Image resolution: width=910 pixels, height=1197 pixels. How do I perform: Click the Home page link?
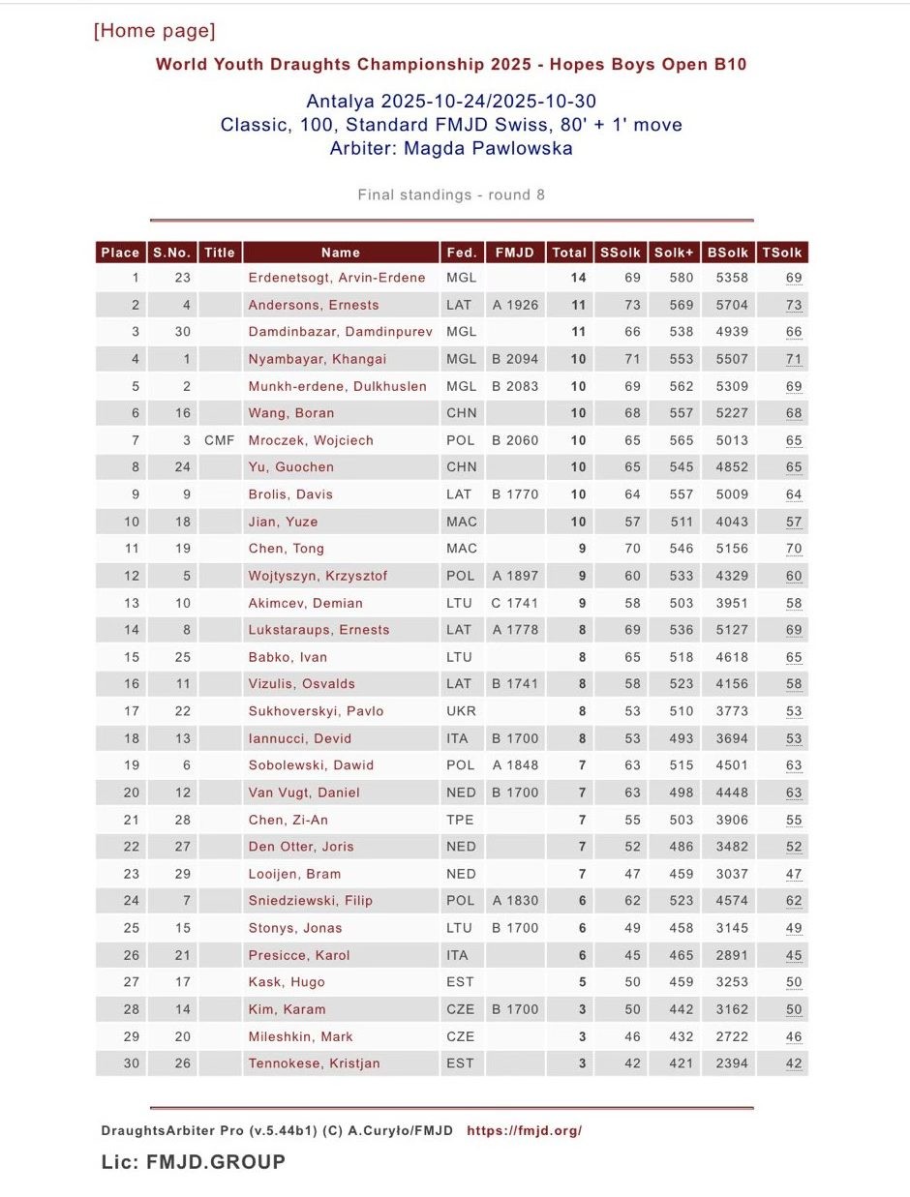(155, 31)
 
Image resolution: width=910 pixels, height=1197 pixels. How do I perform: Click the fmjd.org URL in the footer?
(524, 1130)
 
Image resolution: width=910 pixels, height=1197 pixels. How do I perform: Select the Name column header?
(341, 253)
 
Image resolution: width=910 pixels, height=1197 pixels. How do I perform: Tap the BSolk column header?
(728, 253)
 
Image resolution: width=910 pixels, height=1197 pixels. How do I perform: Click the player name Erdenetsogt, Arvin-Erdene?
(337, 278)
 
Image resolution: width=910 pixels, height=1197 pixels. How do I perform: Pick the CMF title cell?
(220, 440)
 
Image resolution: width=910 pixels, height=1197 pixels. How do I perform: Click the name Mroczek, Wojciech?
(311, 440)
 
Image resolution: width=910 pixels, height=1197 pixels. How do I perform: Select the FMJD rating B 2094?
(515, 359)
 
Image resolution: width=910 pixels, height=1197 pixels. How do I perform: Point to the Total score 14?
(578, 278)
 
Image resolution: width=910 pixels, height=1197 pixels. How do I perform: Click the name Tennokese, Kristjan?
(314, 1063)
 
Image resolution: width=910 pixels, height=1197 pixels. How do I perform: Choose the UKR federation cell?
(461, 711)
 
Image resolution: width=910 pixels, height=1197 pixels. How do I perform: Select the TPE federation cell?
(461, 820)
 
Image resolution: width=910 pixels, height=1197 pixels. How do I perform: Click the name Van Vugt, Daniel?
(304, 793)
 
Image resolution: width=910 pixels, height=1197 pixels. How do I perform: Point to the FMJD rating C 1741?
(515, 603)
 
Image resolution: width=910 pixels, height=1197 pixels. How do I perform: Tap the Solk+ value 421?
(682, 1063)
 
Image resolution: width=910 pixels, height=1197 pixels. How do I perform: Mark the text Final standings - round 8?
(451, 195)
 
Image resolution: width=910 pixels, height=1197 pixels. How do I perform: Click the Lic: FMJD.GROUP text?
(194, 1162)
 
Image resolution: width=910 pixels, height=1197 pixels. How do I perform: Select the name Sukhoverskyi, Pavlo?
(316, 711)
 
